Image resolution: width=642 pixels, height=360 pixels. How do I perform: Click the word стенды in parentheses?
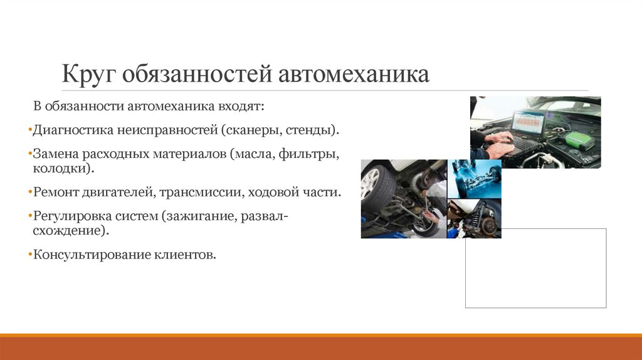click(x=310, y=131)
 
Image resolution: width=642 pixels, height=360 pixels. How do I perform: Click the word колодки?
click(x=62, y=169)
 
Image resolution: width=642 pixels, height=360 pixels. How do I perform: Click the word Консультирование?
click(x=87, y=255)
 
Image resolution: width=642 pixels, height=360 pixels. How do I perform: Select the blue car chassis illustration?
click(x=474, y=178)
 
